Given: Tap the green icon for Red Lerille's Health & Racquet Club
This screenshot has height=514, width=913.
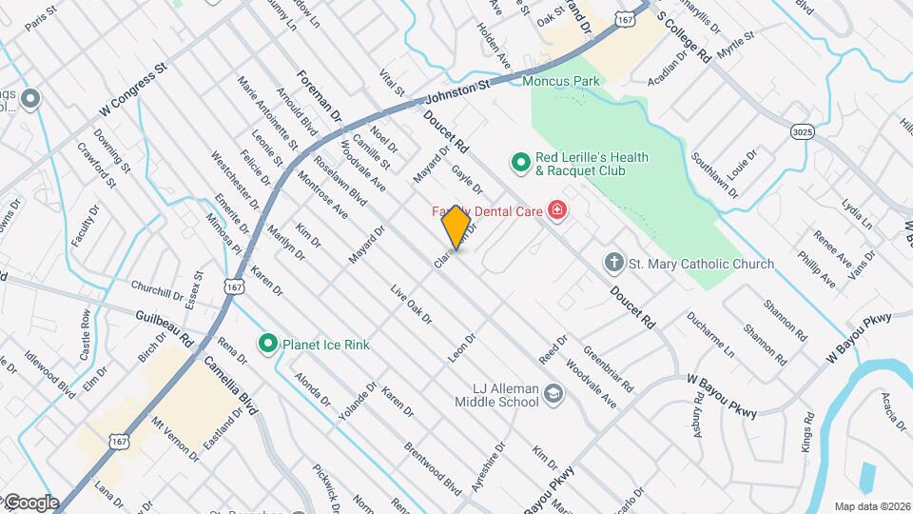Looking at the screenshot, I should pyautogui.click(x=520, y=164).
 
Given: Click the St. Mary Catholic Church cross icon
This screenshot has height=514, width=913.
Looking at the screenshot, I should pyautogui.click(x=615, y=262).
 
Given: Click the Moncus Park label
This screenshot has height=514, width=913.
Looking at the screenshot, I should pyautogui.click(x=561, y=81).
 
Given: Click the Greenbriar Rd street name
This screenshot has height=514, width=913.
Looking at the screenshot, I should pyautogui.click(x=609, y=367).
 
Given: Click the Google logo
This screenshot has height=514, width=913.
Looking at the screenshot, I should pyautogui.click(x=30, y=502).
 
